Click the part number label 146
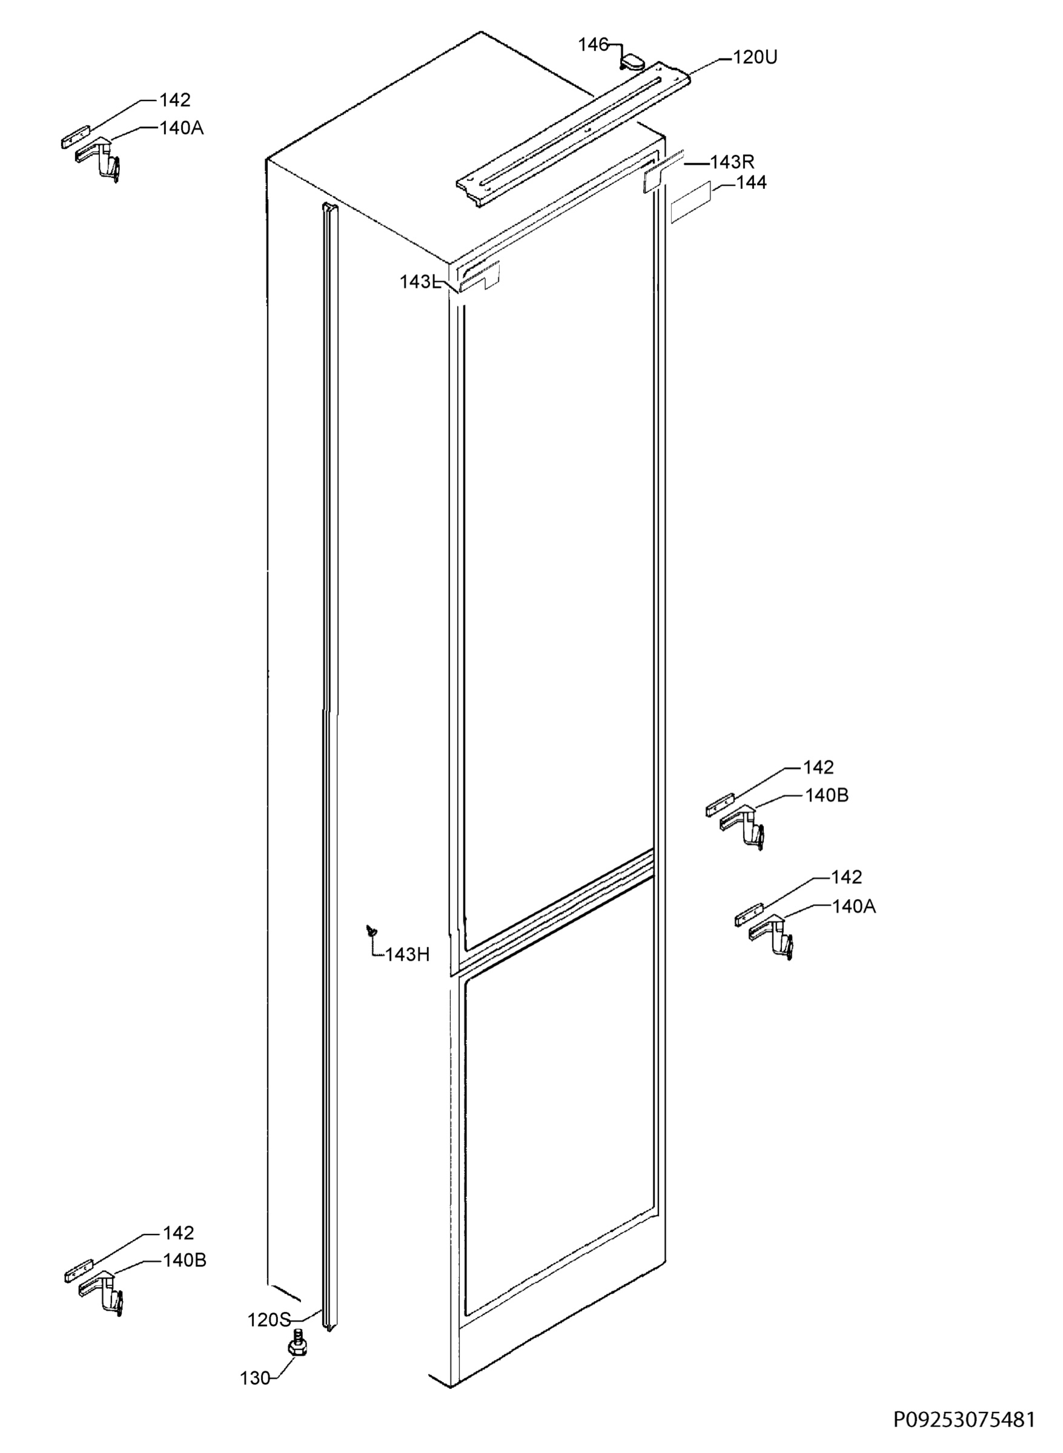click(592, 44)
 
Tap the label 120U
click(755, 58)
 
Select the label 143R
click(732, 162)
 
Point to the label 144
click(752, 183)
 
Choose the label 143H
click(407, 955)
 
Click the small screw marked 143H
click(371, 930)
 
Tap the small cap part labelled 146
click(632, 62)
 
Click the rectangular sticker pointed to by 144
click(691, 202)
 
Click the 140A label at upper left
click(182, 128)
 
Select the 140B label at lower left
click(185, 1260)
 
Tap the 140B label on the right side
click(827, 796)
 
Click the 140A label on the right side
click(854, 907)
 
